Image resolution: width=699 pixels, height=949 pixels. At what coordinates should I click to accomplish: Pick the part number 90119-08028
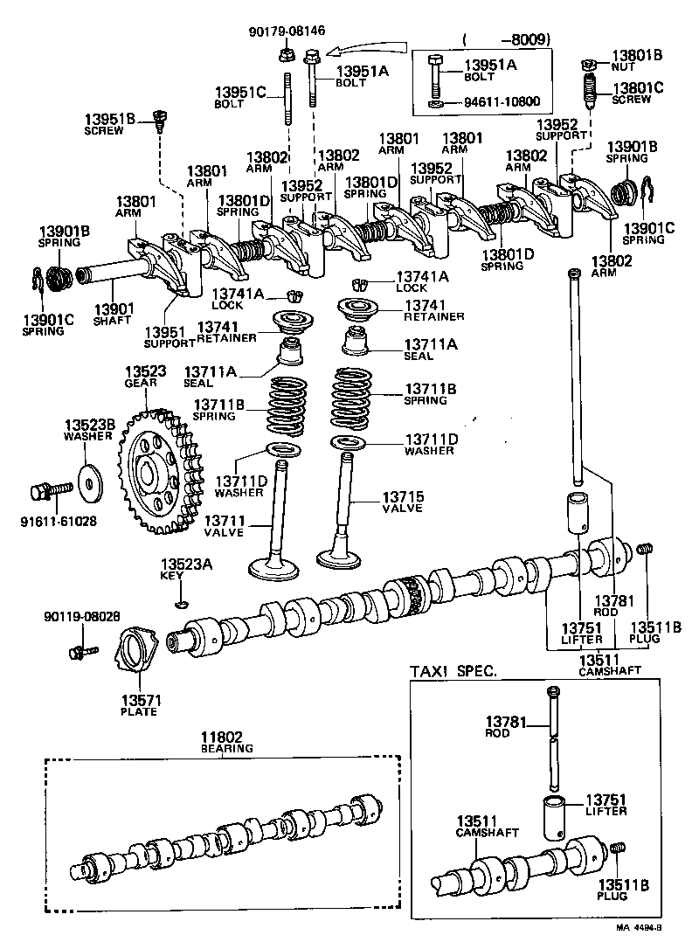(x=81, y=617)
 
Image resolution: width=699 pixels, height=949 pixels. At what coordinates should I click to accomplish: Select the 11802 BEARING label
(x=226, y=742)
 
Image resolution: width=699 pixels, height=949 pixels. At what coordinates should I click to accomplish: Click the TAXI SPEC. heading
(x=453, y=671)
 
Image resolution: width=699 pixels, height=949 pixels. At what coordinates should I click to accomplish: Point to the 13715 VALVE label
(x=401, y=502)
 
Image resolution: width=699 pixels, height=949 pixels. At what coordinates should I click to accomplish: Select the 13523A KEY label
(x=186, y=569)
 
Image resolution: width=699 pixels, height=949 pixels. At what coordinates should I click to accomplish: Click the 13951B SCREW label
(x=110, y=123)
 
